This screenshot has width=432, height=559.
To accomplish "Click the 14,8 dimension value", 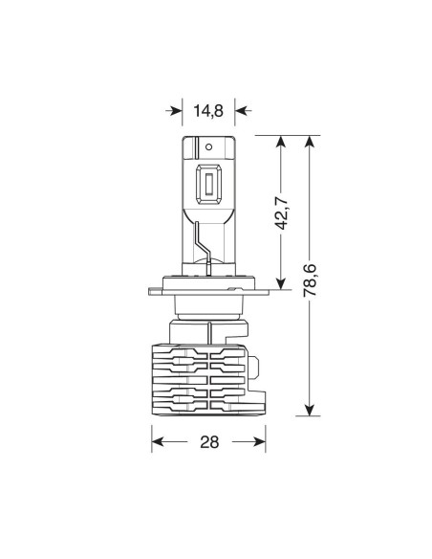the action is point(208,111).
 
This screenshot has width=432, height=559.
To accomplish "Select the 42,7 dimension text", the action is point(282,212).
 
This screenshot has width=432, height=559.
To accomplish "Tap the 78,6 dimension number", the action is point(310,279).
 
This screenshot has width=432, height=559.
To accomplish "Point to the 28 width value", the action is point(209,442).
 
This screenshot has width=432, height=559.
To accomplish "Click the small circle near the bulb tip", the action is point(209,146).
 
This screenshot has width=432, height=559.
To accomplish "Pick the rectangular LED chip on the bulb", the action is point(208,186).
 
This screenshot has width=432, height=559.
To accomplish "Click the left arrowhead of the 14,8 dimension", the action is point(174,111).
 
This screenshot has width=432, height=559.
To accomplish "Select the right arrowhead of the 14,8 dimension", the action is point(243,111).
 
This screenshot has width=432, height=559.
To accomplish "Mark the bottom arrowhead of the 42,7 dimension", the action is point(281,281).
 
